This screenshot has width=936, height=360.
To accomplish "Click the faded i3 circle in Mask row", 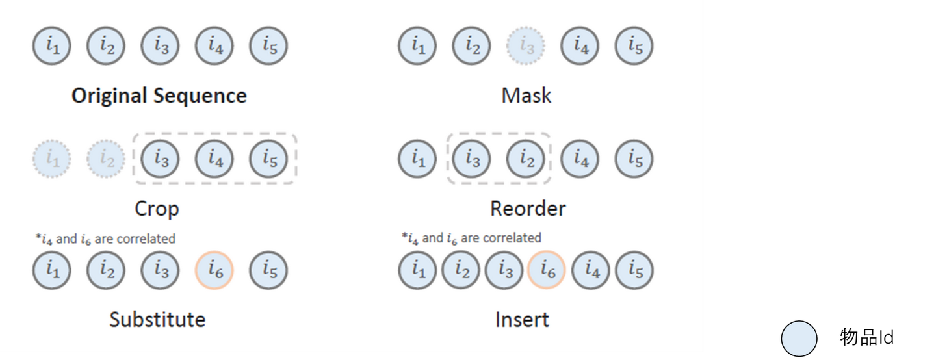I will (x=526, y=47).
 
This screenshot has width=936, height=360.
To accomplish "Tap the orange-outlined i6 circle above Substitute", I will (x=214, y=270).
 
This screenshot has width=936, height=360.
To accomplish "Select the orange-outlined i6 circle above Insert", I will (x=547, y=270).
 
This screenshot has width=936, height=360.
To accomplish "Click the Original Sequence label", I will (x=159, y=96).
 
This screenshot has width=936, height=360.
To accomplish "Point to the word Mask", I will (x=526, y=96).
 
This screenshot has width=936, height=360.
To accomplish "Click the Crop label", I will (x=157, y=209).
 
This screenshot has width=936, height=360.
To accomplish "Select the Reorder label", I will (x=528, y=209).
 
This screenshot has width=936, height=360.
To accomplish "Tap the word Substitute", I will (x=157, y=320).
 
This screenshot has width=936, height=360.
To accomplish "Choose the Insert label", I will (x=522, y=320).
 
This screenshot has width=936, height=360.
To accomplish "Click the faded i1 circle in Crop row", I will (x=52, y=159).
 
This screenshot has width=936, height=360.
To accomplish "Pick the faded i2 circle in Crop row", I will (x=107, y=159).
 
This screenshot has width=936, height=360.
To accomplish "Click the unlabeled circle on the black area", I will (x=799, y=339).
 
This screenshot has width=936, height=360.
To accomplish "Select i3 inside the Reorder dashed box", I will (x=471, y=159).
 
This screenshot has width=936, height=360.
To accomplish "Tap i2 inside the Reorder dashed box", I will (x=526, y=159).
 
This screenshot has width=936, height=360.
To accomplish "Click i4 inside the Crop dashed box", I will (x=214, y=159).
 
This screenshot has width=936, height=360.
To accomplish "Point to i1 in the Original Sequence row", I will (x=52, y=47).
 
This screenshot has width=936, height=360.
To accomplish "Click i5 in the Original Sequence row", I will (x=268, y=47).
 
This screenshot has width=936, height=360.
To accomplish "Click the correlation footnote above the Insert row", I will (x=471, y=238).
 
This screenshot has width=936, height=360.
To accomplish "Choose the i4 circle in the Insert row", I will (x=591, y=270).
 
